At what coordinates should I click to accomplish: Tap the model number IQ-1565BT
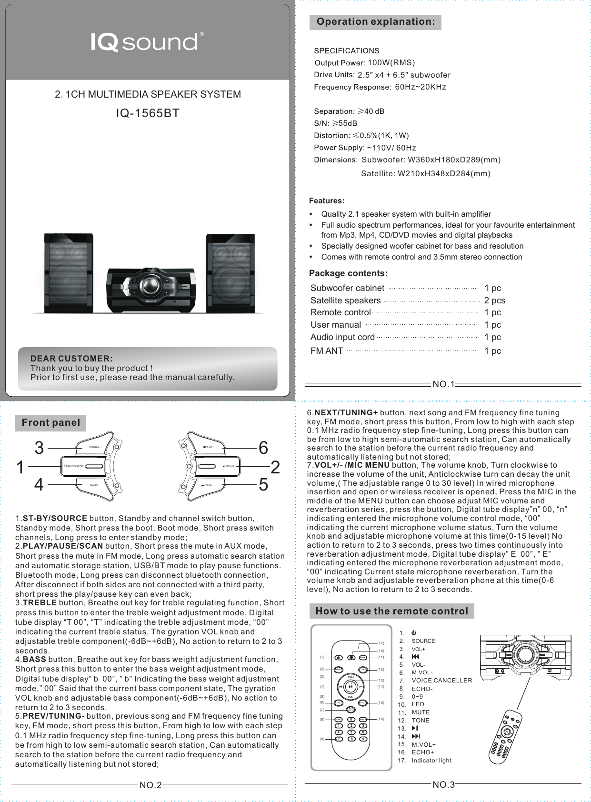(148, 113)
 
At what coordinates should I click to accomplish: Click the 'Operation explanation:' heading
(375, 22)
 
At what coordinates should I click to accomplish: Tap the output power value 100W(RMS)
(391, 63)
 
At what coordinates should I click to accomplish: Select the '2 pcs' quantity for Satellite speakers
(494, 301)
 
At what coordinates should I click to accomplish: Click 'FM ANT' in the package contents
(327, 351)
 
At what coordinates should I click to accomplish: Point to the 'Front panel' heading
(51, 423)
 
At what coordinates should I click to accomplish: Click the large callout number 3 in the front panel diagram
(39, 448)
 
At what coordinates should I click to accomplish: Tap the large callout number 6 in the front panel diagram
(263, 448)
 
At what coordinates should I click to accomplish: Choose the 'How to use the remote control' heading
(392, 611)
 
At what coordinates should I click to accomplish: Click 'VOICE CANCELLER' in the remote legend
(441, 681)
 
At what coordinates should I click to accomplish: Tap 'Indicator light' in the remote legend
(431, 761)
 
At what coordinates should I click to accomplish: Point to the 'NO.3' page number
(443, 785)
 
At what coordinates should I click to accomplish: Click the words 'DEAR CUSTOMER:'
(71, 359)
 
